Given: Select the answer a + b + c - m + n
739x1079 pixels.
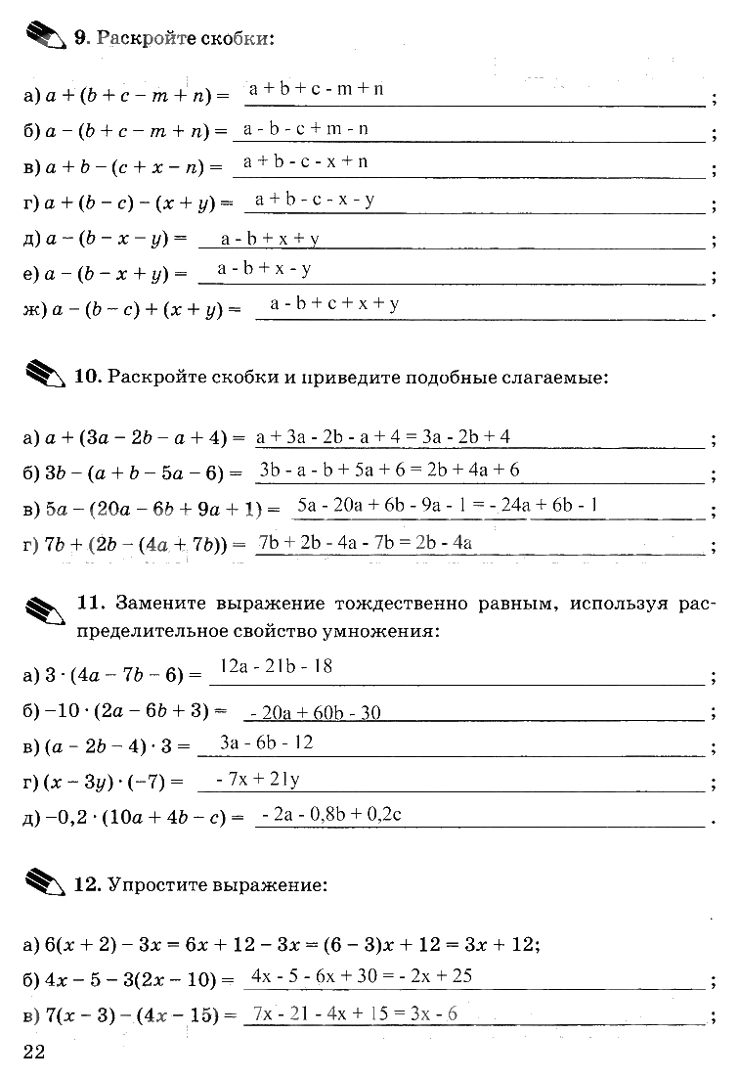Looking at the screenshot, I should (316, 90).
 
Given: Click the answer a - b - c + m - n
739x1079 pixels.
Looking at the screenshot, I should (306, 128).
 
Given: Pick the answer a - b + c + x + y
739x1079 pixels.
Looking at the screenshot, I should (334, 304).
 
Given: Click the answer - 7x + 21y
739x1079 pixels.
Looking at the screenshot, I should (257, 780).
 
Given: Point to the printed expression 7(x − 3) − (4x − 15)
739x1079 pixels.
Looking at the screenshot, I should (130, 1015).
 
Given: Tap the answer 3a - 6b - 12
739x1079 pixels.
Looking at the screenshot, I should (266, 742).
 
